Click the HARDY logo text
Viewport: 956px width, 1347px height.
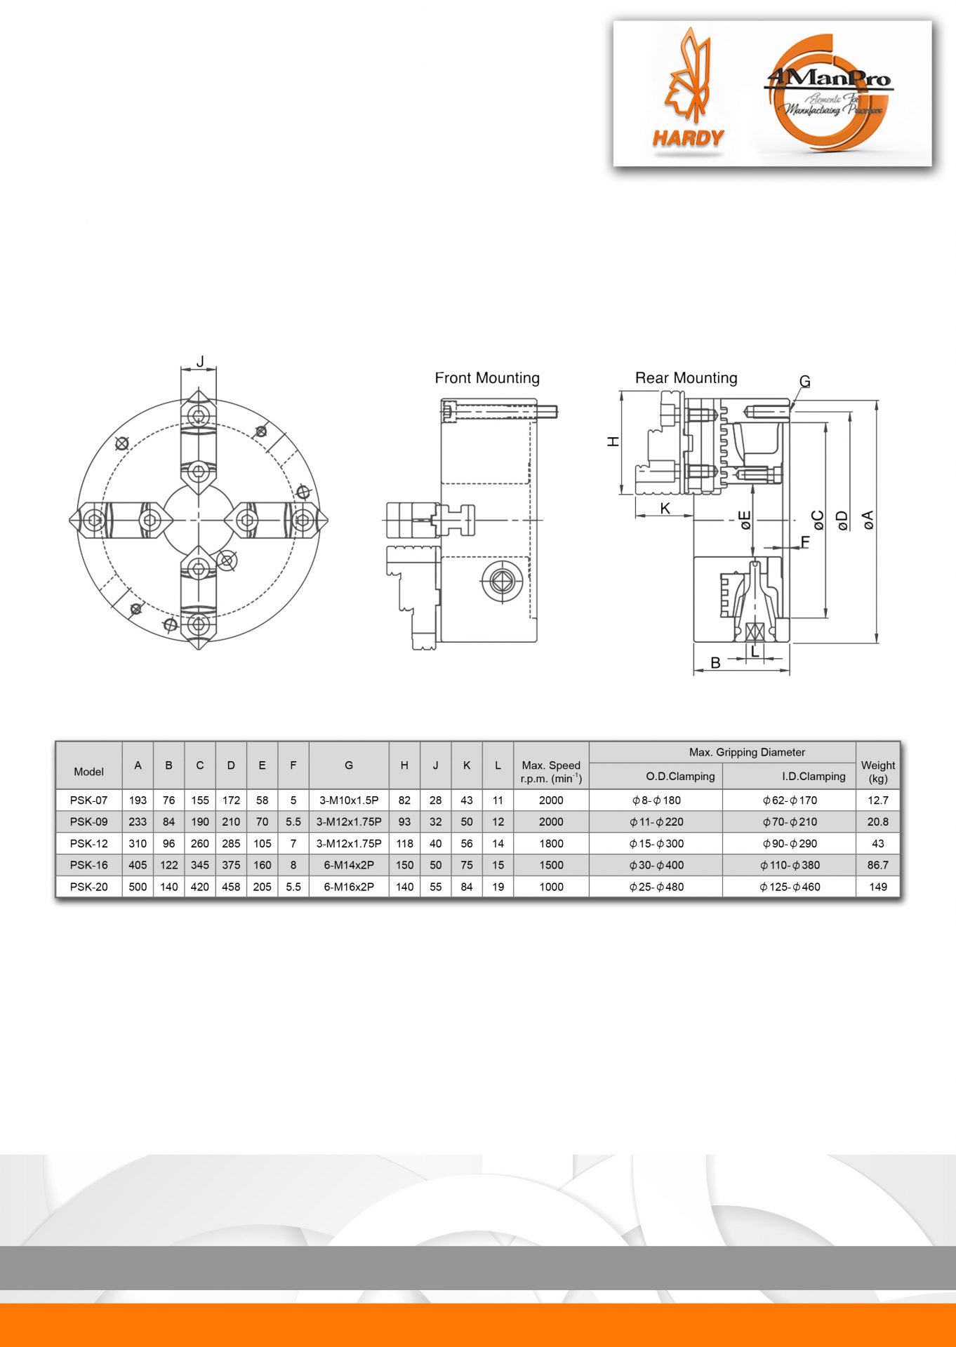coord(688,138)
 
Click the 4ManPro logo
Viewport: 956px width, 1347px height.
coord(828,93)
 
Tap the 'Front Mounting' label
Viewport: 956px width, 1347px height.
coord(487,378)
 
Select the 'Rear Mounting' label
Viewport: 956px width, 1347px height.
coord(686,378)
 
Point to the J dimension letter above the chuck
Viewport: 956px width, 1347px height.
coord(200,361)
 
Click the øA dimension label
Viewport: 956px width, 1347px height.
coord(868,520)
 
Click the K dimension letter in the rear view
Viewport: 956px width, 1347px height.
coord(665,508)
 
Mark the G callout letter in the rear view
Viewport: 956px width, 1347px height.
coord(804,381)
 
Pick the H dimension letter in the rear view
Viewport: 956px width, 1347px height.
coord(613,441)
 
